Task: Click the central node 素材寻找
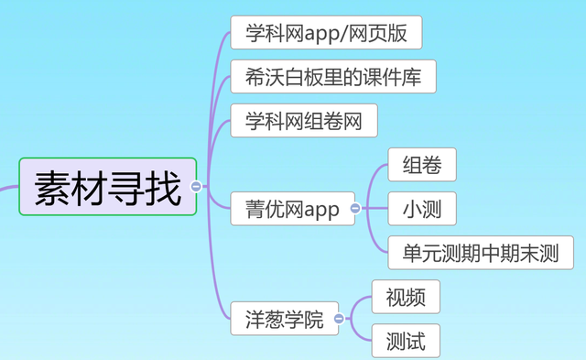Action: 107,187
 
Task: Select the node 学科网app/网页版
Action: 326,34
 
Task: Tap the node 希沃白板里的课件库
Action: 332,77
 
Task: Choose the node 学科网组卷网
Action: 304,121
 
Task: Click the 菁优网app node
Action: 292,211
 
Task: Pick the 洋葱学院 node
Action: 284,320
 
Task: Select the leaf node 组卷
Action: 422,166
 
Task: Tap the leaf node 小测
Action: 422,210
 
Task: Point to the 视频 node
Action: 406,298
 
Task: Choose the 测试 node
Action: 406,342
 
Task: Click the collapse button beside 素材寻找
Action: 196,187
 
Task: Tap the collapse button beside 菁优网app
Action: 355,210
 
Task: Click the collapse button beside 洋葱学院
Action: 339,320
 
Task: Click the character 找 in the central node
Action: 163,187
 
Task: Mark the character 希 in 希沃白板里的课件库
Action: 255,77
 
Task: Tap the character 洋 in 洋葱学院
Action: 255,320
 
